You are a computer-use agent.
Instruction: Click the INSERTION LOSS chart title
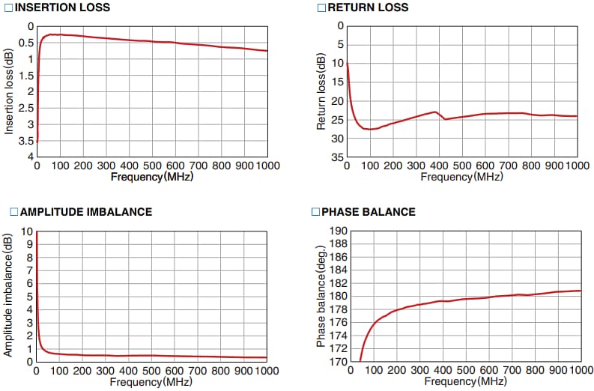coord(62,7)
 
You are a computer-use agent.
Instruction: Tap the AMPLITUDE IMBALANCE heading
coord(86,212)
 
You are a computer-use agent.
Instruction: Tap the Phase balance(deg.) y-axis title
coord(321,296)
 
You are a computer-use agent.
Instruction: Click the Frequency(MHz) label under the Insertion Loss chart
coord(151,177)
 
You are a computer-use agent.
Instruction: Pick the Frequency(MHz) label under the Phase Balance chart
coord(461,381)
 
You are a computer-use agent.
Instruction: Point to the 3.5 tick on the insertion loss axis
coord(26,141)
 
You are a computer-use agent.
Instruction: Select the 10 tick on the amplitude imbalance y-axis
coord(28,231)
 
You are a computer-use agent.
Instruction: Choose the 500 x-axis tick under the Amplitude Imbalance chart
coord(151,371)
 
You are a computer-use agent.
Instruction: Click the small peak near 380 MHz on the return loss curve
coord(434,112)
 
